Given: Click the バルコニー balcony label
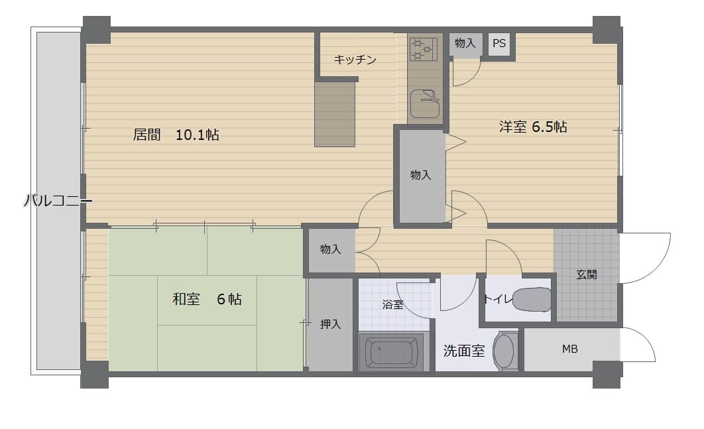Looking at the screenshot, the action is click(58, 200).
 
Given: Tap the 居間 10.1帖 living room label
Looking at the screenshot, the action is click(176, 135).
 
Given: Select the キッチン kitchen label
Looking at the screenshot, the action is click(355, 59).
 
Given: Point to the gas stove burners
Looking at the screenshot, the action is click(423, 50).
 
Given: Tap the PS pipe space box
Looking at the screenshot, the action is click(499, 43).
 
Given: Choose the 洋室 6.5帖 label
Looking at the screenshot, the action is click(533, 127).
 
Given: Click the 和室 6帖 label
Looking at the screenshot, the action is click(207, 299).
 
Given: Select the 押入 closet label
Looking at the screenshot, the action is click(330, 324).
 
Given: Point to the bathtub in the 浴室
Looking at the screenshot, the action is click(392, 351).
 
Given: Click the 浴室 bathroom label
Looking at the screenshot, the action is click(393, 304).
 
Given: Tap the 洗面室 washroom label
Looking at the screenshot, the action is click(464, 350).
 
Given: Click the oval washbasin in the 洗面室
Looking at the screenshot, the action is click(503, 351).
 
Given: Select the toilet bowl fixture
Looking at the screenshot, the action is click(532, 300).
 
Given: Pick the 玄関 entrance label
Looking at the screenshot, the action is click(587, 274).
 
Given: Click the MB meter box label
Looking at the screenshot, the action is click(569, 349).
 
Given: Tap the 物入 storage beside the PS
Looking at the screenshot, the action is click(465, 43).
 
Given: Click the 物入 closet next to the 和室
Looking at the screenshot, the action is click(330, 249).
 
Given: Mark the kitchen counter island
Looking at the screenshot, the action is click(335, 114).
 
